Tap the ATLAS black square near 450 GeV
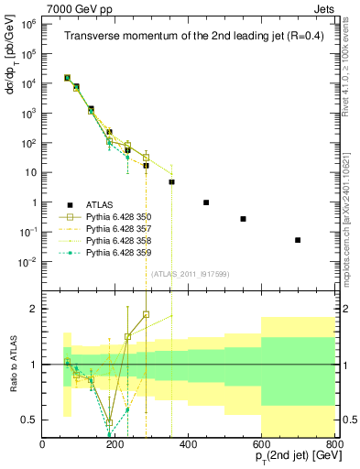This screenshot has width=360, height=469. [206, 202]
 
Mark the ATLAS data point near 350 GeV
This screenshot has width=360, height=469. [171, 182]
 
